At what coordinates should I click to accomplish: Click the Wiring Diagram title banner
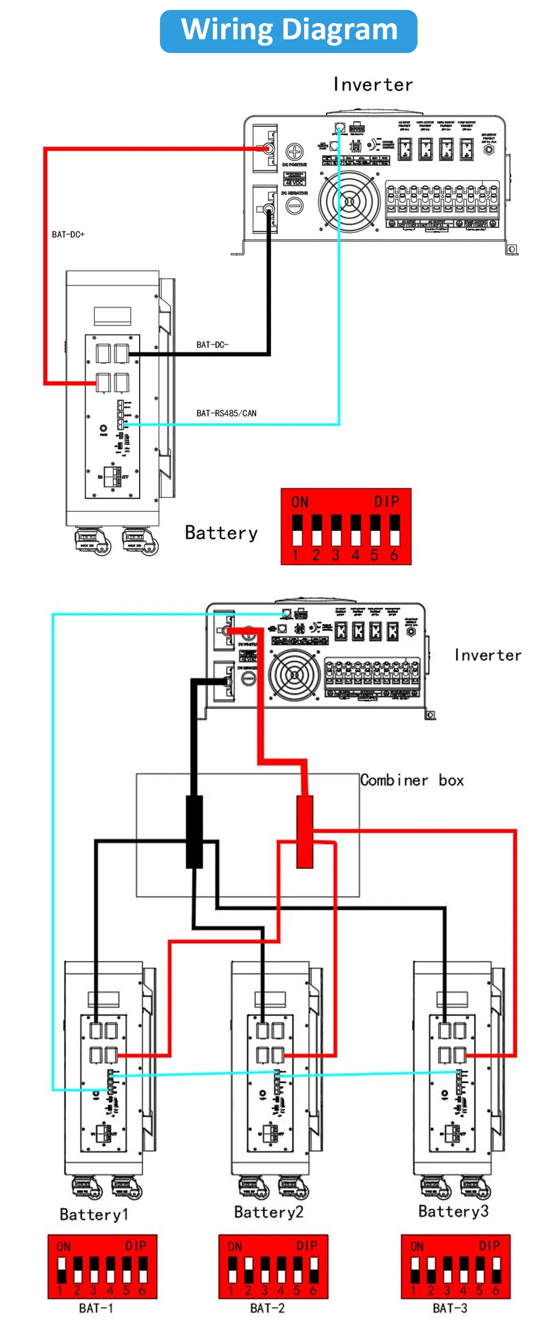[288, 30]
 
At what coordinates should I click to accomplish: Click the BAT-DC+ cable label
[68, 235]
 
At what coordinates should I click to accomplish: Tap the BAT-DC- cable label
[212, 345]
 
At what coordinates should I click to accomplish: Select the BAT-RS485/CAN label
[226, 414]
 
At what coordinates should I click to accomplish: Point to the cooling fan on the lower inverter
[294, 674]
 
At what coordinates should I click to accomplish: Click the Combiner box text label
[412, 780]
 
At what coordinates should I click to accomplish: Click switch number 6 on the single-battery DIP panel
[394, 530]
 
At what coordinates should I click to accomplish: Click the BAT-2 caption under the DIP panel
[267, 1308]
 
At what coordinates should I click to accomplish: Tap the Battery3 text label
[453, 1211]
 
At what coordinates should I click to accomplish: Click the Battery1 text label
[94, 1215]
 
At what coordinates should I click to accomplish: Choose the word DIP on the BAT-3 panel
[489, 1246]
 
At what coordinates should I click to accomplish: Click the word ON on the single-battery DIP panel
[300, 502]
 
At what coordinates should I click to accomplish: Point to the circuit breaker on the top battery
[112, 477]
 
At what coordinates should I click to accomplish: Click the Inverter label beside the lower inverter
[488, 656]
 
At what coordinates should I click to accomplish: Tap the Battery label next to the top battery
[221, 533]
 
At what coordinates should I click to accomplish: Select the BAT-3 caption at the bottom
[450, 1308]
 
